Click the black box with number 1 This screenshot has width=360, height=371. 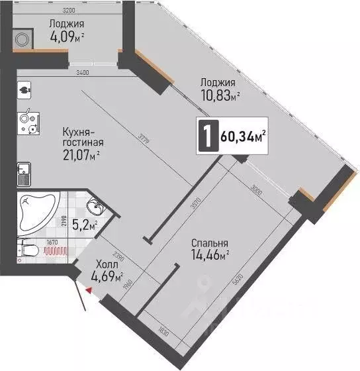coord(208,136)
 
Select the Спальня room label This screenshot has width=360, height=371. coord(208,242)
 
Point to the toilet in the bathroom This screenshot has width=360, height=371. coord(26,250)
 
